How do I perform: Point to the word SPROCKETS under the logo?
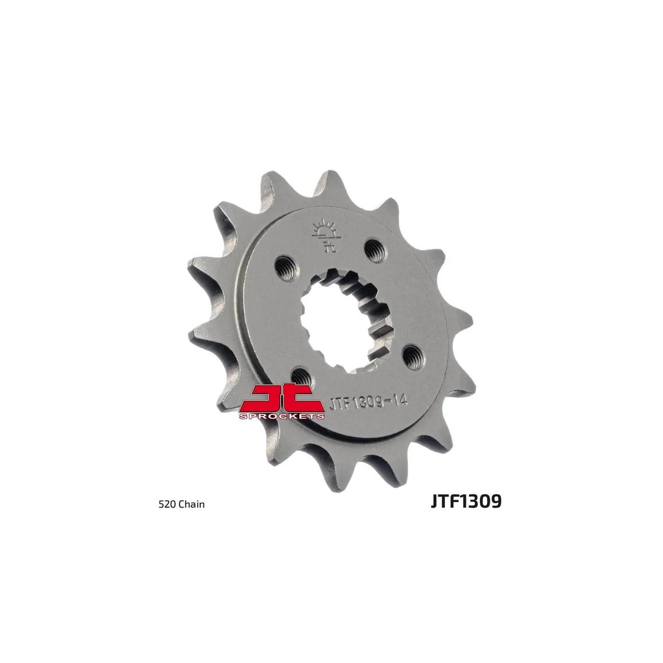tap(281, 416)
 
